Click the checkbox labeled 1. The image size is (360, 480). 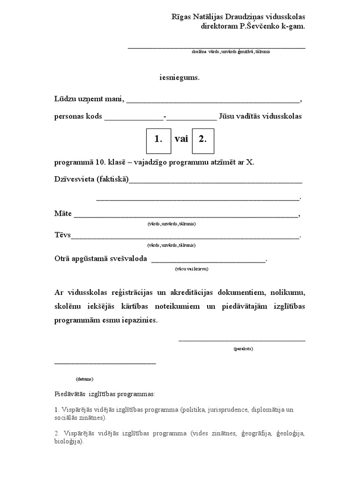[158, 140]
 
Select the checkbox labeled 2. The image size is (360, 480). [202, 140]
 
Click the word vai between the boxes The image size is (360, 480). [181, 139]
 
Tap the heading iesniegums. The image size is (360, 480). [180, 78]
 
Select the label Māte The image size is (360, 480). [63, 214]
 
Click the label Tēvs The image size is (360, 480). [62, 235]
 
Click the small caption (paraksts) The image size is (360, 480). [243, 349]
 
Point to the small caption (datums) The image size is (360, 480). [84, 379]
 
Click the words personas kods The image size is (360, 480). [78, 116]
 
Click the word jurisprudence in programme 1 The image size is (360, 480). [229, 410]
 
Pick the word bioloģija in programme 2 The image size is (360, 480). [68, 442]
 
